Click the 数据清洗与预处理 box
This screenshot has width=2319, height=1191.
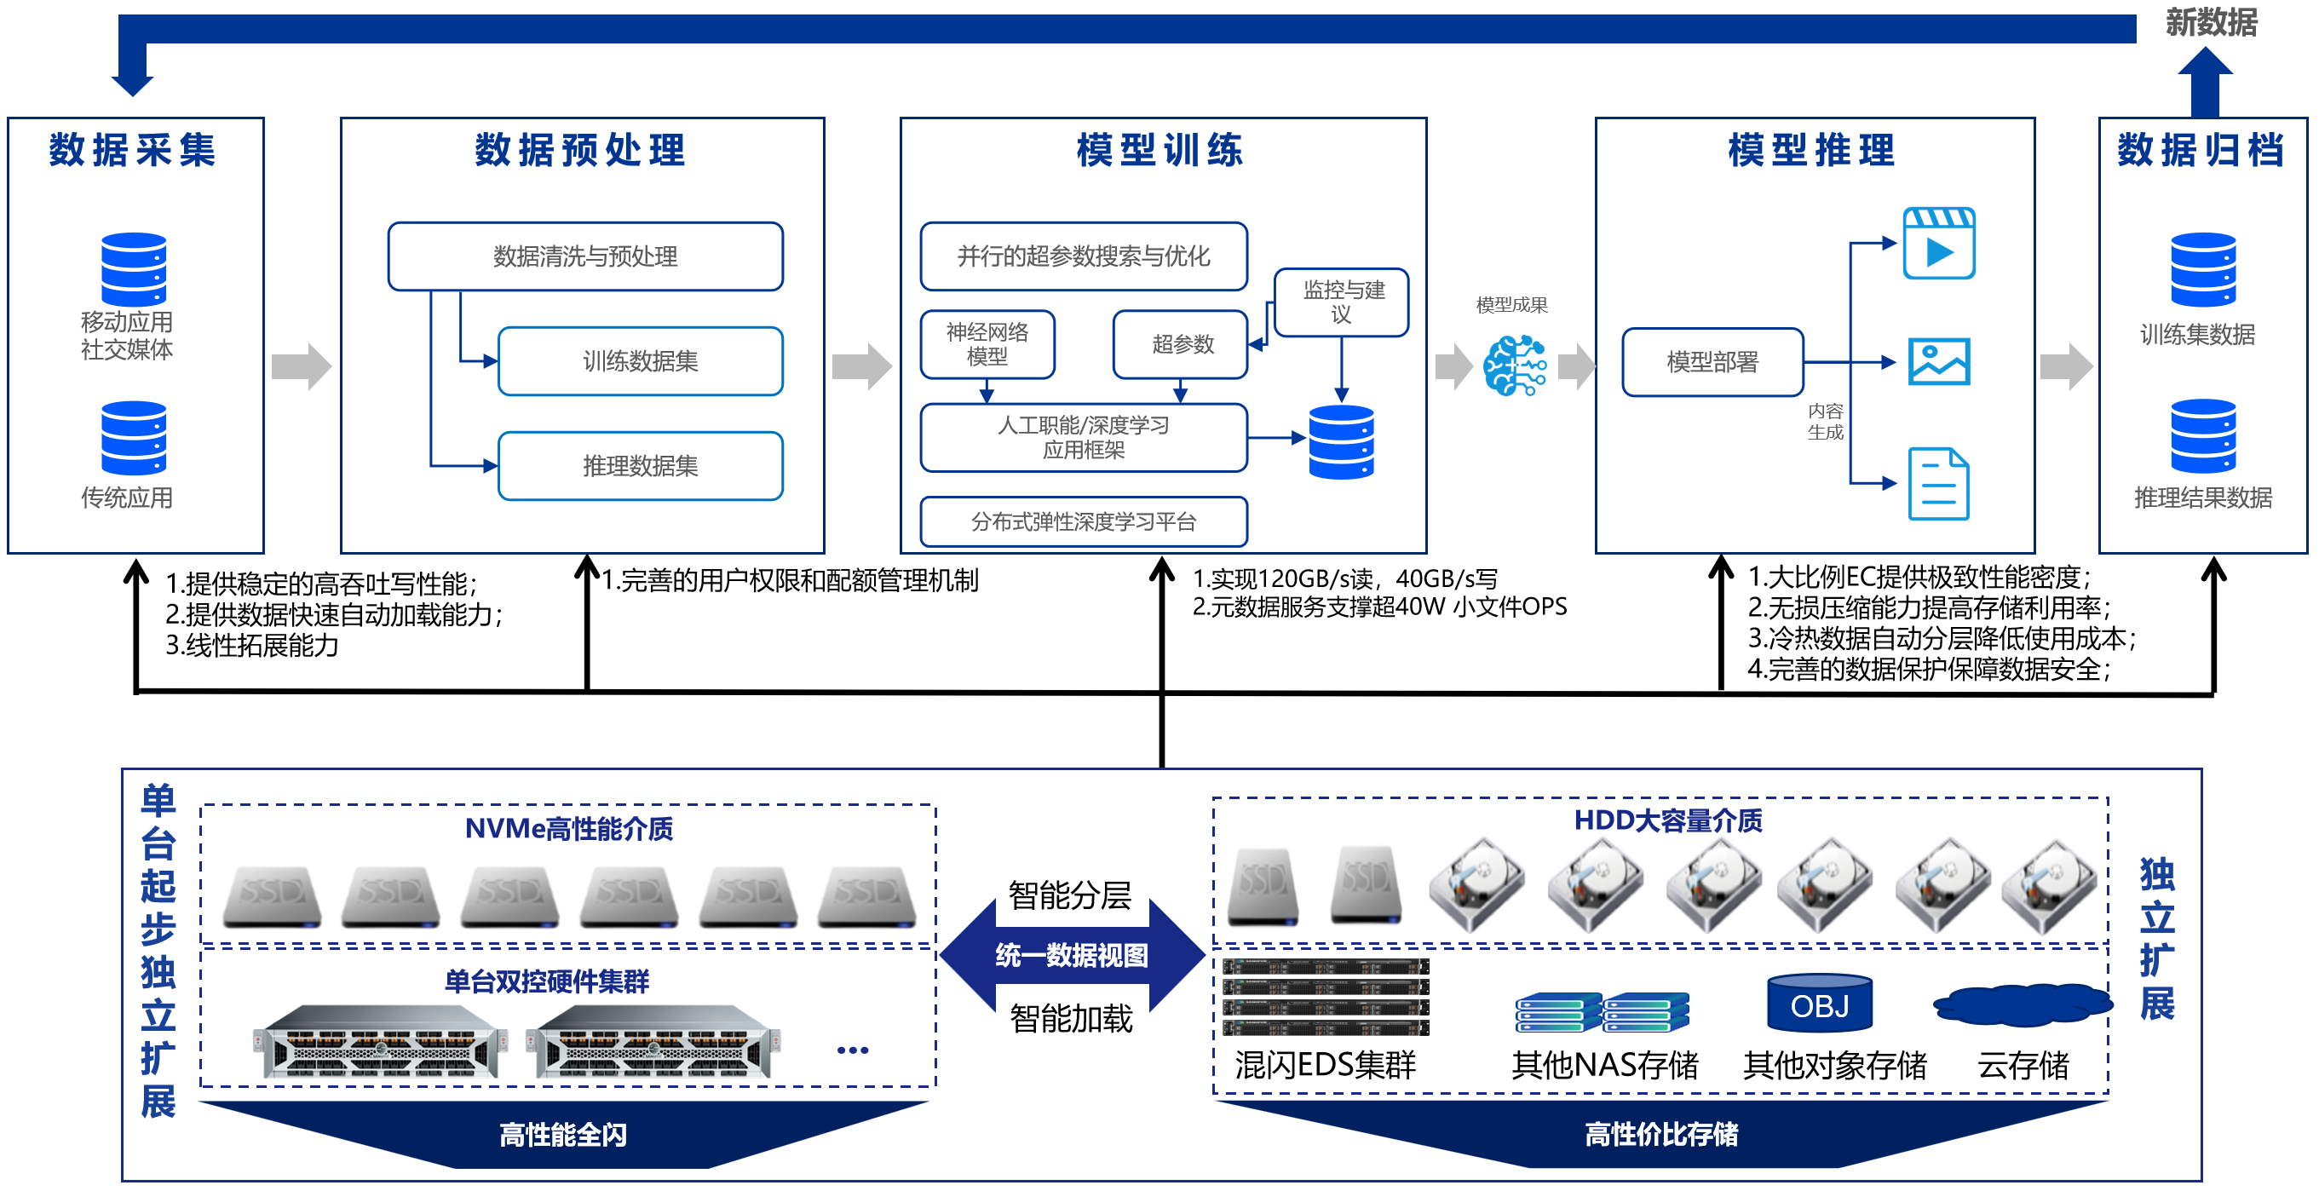pyautogui.click(x=585, y=256)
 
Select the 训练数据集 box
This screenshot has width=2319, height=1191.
pyautogui.click(x=640, y=361)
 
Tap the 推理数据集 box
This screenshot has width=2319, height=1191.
pyautogui.click(x=640, y=465)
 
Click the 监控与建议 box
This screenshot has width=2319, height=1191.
pyautogui.click(x=1341, y=302)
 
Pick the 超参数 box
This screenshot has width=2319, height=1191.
pyautogui.click(x=1180, y=344)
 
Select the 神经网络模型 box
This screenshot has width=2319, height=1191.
pyautogui.click(x=987, y=344)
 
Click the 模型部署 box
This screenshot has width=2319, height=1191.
pyautogui.click(x=1712, y=362)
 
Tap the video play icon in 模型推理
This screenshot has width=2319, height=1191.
pyautogui.click(x=1938, y=243)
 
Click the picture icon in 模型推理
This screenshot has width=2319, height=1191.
pyautogui.click(x=1938, y=362)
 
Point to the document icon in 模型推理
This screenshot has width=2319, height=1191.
pyautogui.click(x=1938, y=483)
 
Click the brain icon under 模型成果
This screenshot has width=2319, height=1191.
pyautogui.click(x=1514, y=365)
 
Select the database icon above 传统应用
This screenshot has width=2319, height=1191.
pyautogui.click(x=133, y=438)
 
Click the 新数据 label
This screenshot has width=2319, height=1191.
pyautogui.click(x=2211, y=21)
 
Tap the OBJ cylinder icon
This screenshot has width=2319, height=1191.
pyautogui.click(x=1820, y=1003)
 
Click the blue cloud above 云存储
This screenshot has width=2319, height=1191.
pyautogui.click(x=2022, y=1004)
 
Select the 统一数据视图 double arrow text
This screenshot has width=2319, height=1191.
pyautogui.click(x=1071, y=955)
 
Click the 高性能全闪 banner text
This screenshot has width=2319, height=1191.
pyautogui.click(x=562, y=1134)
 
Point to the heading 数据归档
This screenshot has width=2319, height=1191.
pyautogui.click(x=2201, y=149)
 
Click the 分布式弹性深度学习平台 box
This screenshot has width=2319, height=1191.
pyautogui.click(x=1083, y=521)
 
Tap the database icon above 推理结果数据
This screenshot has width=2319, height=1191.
pyautogui.click(x=2202, y=435)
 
